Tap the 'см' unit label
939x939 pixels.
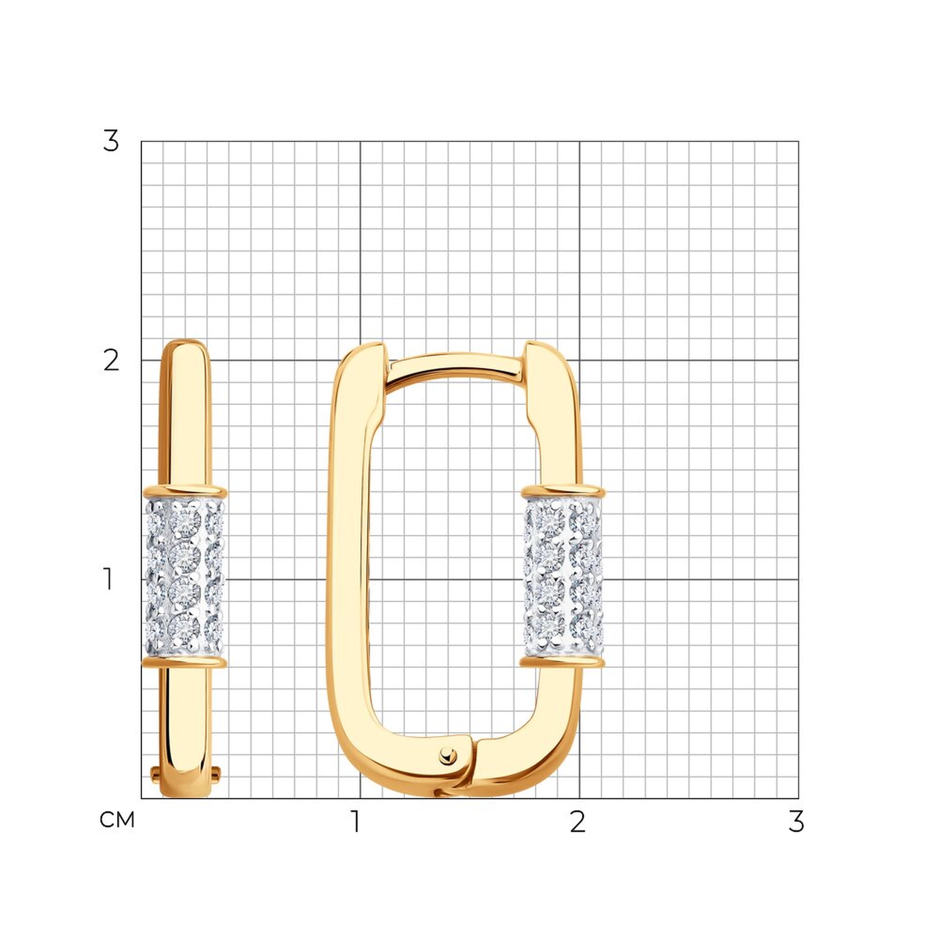(116, 819)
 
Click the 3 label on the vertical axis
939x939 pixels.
(111, 141)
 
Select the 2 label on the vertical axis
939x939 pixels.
(111, 361)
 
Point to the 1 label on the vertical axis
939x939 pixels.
(108, 579)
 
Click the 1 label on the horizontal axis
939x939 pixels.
(356, 821)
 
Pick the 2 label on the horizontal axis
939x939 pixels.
(577, 821)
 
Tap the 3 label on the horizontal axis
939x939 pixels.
(796, 821)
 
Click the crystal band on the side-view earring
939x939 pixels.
(185, 577)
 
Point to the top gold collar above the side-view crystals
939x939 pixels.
(185, 491)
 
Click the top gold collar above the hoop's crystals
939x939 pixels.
(563, 492)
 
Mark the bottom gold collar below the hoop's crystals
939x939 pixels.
(563, 662)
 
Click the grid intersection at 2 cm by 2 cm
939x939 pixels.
(579, 360)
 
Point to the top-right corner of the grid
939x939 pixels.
(799, 141)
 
